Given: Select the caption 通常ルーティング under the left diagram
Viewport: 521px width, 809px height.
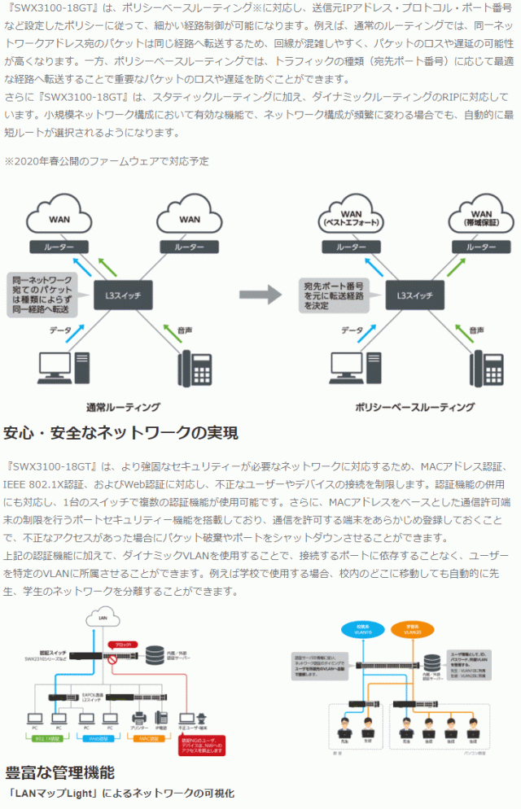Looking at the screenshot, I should click(x=123, y=406).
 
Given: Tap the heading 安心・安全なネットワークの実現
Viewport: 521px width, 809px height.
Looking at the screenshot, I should click(x=121, y=432).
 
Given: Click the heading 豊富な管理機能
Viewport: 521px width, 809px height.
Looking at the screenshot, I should click(x=59, y=772).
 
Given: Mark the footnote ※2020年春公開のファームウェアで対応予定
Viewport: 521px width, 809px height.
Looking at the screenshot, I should click(x=107, y=161).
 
